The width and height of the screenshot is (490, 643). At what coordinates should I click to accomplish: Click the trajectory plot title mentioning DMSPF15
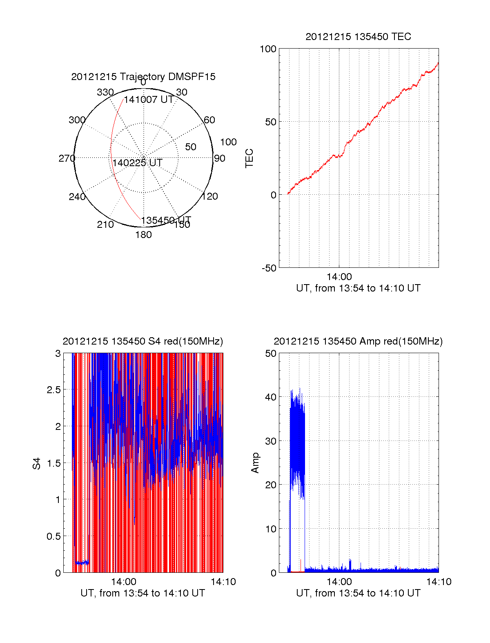click(x=143, y=77)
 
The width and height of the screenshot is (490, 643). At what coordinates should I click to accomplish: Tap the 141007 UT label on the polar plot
click(x=149, y=100)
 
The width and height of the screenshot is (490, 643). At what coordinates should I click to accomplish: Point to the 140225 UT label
click(x=137, y=163)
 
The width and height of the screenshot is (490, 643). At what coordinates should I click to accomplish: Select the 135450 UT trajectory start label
click(x=166, y=220)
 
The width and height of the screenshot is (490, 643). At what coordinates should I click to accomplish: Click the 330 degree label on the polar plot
click(x=105, y=92)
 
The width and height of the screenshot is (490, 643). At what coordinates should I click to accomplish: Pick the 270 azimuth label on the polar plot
click(x=67, y=158)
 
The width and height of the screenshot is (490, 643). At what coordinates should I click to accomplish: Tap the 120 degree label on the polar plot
click(x=210, y=196)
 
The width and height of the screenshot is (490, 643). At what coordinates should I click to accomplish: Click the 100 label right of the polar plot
click(x=228, y=142)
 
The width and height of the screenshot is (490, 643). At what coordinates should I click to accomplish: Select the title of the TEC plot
click(x=358, y=37)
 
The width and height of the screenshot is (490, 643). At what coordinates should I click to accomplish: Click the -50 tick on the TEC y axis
click(x=269, y=268)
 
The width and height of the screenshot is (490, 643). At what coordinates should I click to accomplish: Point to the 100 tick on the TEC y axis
click(x=268, y=49)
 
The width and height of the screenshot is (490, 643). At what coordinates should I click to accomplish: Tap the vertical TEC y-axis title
click(x=249, y=158)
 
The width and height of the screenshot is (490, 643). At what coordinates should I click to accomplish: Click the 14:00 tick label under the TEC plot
click(x=339, y=277)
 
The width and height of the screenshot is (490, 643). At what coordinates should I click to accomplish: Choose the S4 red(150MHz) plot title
click(x=143, y=341)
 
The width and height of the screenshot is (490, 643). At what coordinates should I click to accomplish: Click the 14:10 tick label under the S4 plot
click(x=223, y=582)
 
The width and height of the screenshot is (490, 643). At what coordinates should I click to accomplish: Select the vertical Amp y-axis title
click(x=255, y=463)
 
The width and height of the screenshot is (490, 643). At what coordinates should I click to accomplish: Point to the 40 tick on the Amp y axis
click(x=271, y=397)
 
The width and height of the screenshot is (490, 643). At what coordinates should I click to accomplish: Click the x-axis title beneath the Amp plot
click(x=358, y=593)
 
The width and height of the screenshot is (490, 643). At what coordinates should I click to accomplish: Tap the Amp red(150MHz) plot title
click(x=358, y=341)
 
